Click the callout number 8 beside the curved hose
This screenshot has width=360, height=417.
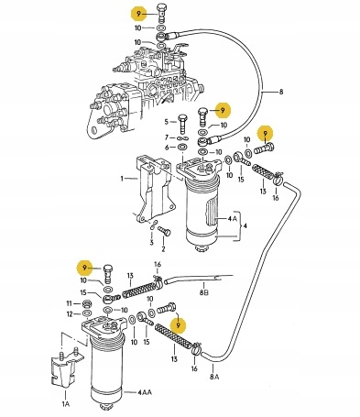click(x=281, y=92)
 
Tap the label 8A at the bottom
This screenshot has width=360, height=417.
click(x=214, y=377)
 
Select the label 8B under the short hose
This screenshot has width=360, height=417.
click(x=204, y=293)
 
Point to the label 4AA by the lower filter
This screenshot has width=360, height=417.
click(x=145, y=392)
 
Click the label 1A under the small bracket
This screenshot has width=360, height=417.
click(x=66, y=404)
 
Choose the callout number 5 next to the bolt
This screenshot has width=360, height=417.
click(x=167, y=122)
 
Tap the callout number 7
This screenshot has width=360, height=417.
click(x=167, y=137)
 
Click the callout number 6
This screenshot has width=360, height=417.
click(x=167, y=148)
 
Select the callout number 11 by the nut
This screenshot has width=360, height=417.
click(x=70, y=303)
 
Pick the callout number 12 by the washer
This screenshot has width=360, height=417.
click(x=70, y=313)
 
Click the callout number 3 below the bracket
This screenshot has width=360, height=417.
click(x=151, y=243)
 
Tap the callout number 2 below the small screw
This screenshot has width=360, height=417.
click(x=163, y=249)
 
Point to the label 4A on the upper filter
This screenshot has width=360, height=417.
click(x=232, y=219)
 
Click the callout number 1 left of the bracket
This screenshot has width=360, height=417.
click(x=122, y=178)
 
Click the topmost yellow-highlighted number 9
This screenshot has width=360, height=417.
click(x=138, y=14)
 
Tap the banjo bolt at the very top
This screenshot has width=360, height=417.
click(x=162, y=13)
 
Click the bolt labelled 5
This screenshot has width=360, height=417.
click(x=182, y=124)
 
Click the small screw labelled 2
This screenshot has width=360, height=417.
click(x=165, y=230)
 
